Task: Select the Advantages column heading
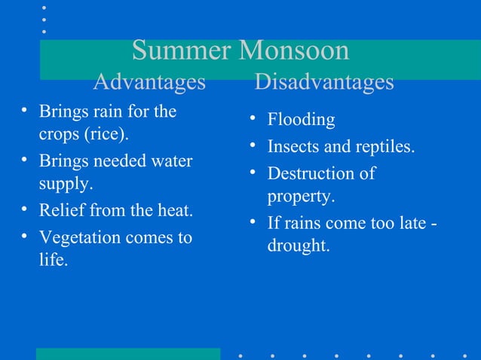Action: [149, 81]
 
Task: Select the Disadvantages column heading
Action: [324, 81]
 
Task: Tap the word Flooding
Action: [302, 120]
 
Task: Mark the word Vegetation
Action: [78, 237]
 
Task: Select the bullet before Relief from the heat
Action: [25, 209]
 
